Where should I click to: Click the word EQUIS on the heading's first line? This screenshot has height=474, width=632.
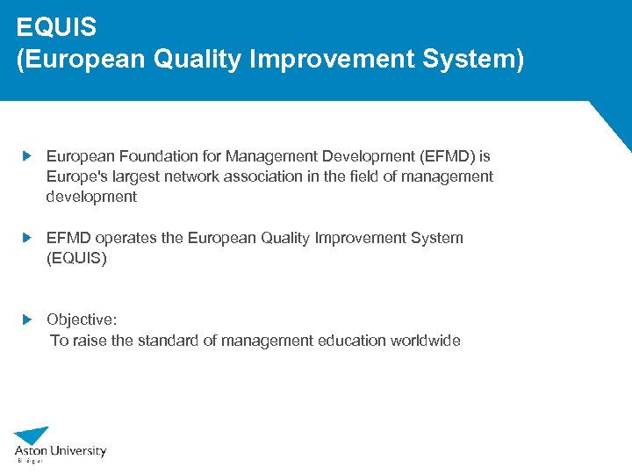[56, 26]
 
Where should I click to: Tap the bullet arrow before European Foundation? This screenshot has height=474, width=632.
[27, 155]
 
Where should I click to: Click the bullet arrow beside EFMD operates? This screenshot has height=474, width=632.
[27, 238]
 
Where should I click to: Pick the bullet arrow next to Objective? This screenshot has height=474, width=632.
[27, 320]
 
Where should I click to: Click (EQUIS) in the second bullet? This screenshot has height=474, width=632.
[76, 259]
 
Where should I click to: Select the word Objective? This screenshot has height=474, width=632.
[82, 320]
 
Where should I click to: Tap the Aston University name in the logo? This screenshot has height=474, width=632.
[61, 451]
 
